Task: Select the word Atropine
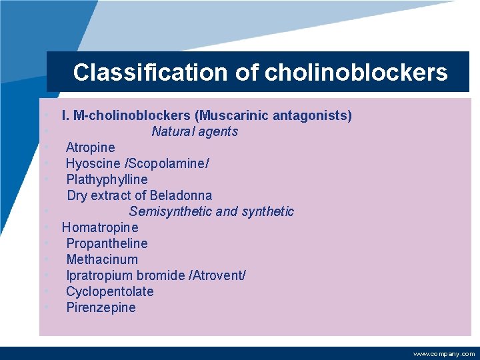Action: pos(90,147)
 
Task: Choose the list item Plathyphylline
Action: pos(107,179)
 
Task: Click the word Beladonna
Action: pos(181,195)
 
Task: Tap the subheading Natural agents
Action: pos(194,131)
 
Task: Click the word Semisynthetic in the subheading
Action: pos(171,211)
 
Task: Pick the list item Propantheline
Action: pos(107,243)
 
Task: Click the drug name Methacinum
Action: pos(102,259)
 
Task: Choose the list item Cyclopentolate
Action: pos(109,291)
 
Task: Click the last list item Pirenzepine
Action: pos(101,307)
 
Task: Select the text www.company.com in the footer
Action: pos(444,354)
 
